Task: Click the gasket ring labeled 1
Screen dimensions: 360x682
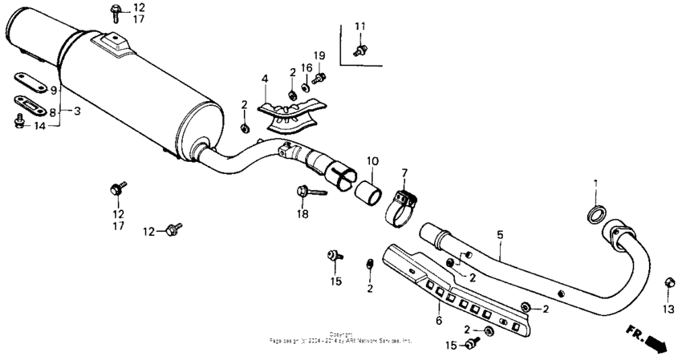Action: tap(595, 215)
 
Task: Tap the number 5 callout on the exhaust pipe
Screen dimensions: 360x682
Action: tap(500, 235)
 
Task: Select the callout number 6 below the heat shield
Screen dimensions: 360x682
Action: tap(438, 320)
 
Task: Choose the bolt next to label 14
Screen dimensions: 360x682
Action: tap(20, 123)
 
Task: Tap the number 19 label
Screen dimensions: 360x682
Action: tap(319, 55)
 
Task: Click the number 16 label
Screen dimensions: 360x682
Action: tap(306, 67)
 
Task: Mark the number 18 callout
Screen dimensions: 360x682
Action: tap(302, 214)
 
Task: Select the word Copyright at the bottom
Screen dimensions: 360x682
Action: tap(341, 333)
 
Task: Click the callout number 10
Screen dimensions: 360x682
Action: tap(372, 160)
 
